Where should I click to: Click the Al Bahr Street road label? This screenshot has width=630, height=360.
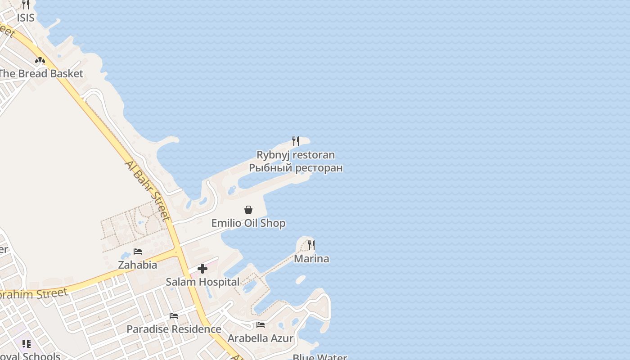click(x=148, y=190)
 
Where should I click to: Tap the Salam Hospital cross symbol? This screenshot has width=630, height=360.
click(x=202, y=269)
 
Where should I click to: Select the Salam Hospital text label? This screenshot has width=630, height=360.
click(x=202, y=282)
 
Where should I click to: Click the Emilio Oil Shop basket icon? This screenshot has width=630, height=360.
click(x=248, y=210)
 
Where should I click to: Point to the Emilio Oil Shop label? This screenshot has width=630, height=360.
click(x=248, y=223)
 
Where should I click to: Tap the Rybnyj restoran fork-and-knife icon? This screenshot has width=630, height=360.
click(x=296, y=141)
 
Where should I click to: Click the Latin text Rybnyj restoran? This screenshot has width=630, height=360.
click(x=296, y=155)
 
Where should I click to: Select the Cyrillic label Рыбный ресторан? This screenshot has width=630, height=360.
click(x=296, y=168)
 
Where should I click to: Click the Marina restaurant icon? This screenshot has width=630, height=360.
click(x=311, y=245)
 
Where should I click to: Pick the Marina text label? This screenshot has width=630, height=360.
click(x=311, y=259)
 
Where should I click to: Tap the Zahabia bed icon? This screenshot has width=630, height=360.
click(x=138, y=252)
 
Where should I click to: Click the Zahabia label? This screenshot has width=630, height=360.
click(x=138, y=265)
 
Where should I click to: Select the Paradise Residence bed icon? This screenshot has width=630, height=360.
click(x=174, y=316)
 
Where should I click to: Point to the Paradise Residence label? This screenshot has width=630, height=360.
click(x=174, y=329)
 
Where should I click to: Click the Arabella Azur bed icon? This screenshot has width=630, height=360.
click(x=261, y=325)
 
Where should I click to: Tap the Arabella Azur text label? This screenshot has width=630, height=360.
click(x=261, y=338)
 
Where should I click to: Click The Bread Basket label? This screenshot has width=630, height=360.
click(x=41, y=74)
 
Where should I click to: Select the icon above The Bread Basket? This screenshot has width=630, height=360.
click(x=40, y=60)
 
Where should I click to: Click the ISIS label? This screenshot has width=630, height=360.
click(x=26, y=18)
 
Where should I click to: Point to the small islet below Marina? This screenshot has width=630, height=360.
click(x=301, y=280)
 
